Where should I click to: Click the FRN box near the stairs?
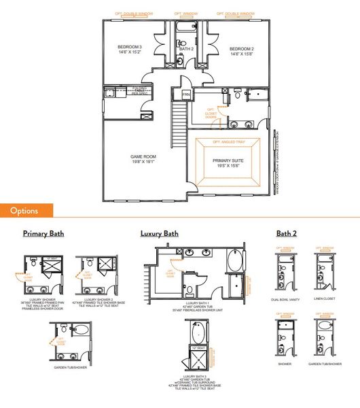185,95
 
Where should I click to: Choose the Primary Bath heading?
43,233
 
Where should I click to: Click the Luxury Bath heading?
160,233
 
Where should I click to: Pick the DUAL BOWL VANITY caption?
284,299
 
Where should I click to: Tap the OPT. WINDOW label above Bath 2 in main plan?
185,14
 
